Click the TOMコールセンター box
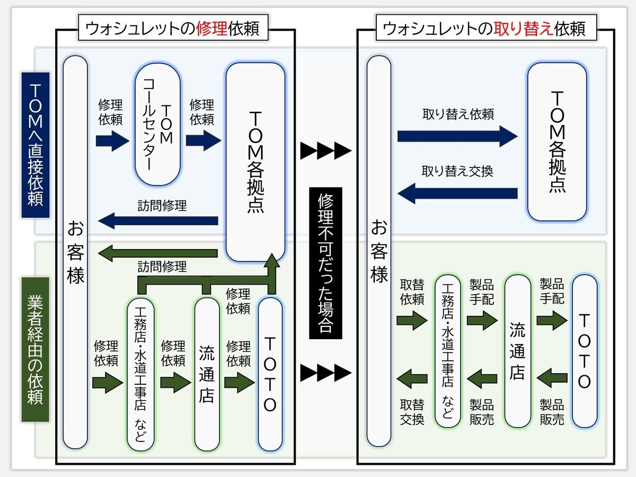158,125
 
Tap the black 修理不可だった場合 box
325,263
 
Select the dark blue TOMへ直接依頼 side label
35,145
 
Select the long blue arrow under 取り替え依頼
457,137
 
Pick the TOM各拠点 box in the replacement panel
556,142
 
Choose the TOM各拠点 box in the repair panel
255,162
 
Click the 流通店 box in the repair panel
207,374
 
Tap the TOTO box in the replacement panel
584,351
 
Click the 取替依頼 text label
412,291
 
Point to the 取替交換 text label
412,412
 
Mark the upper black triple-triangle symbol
325,151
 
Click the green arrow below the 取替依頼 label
412,320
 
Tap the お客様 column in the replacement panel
379,251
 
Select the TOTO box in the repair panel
270,374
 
